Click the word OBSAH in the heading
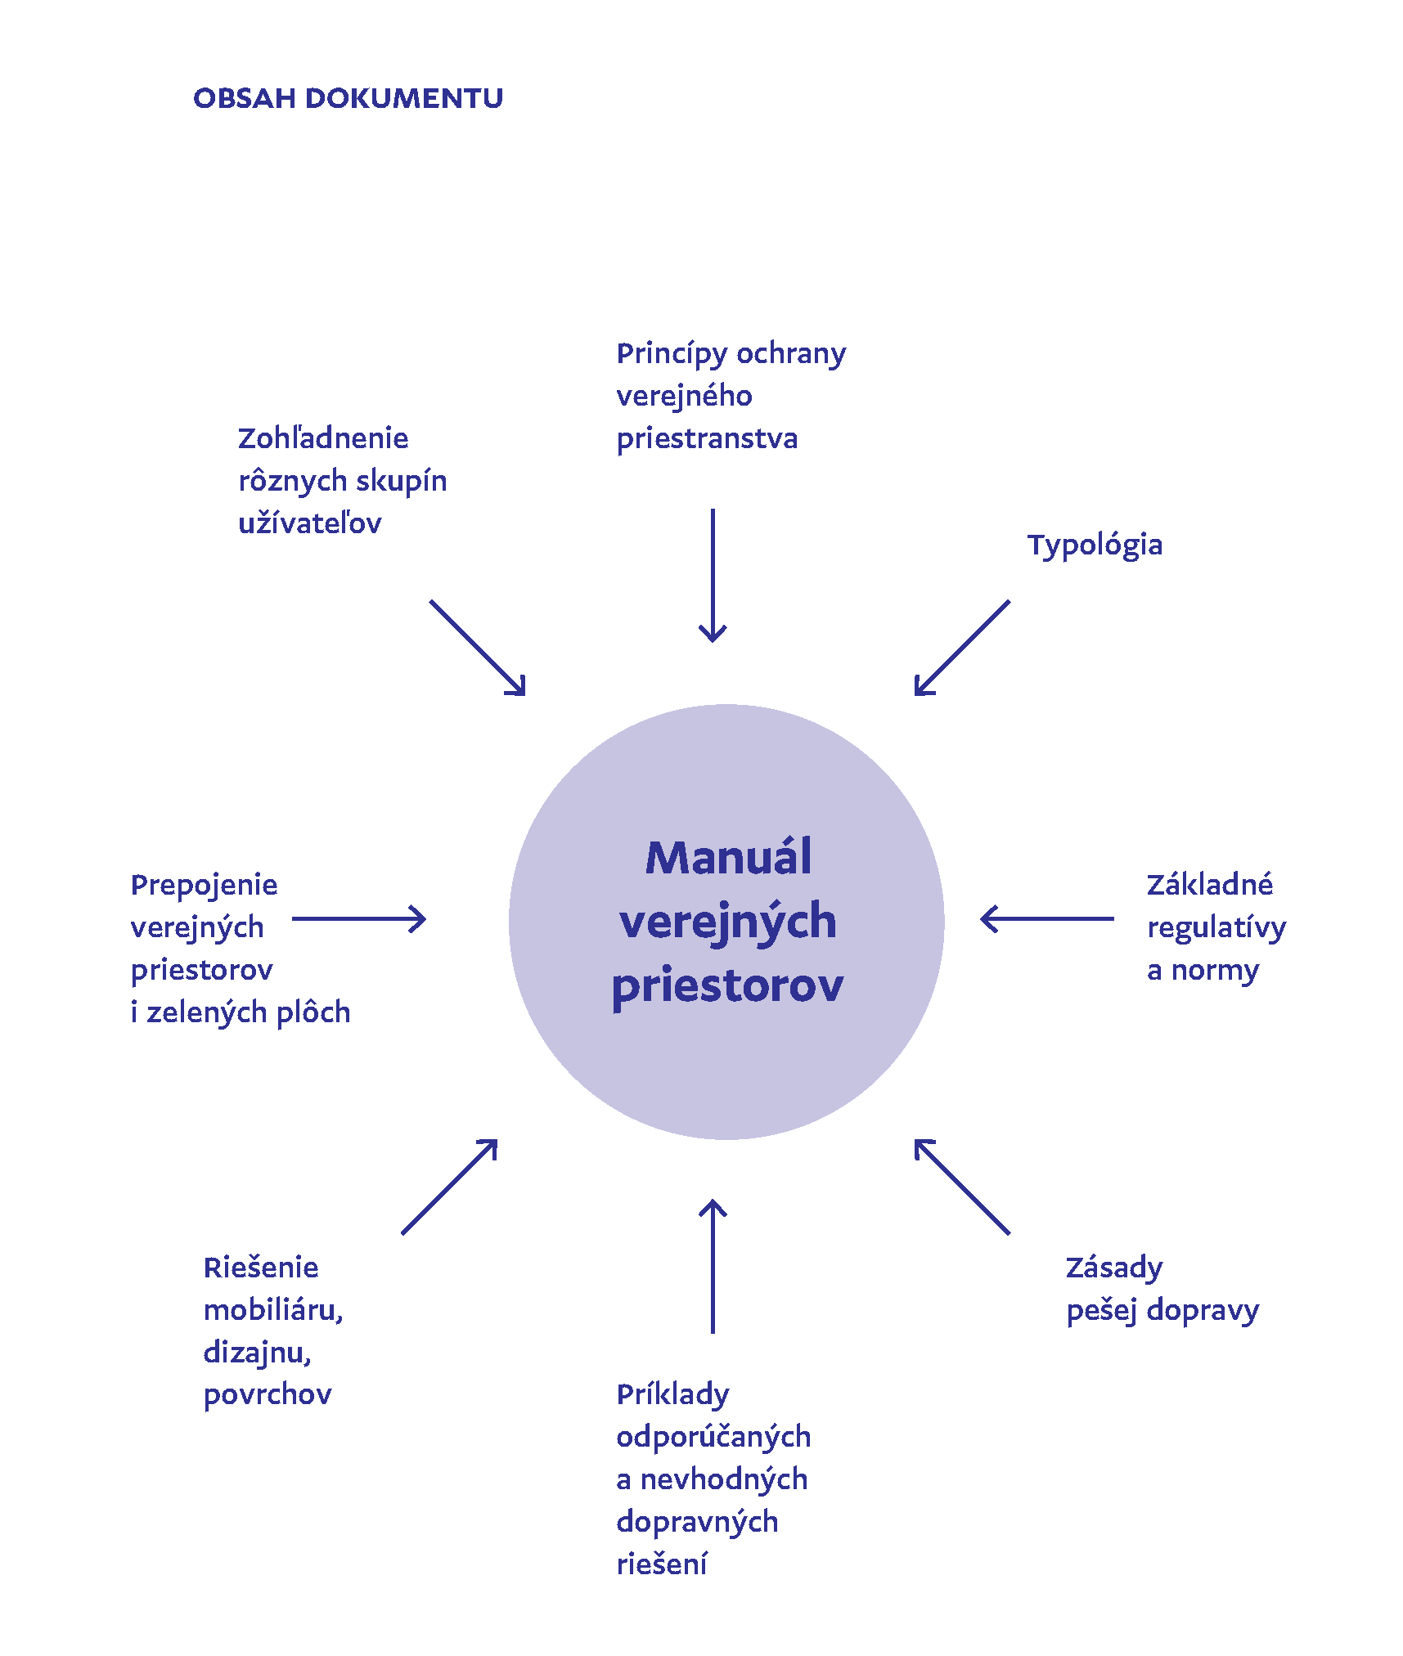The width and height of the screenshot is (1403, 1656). click(244, 99)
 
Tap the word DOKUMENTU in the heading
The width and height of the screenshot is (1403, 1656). click(404, 99)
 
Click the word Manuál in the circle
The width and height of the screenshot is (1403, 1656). click(728, 858)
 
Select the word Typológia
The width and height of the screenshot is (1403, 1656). click(1095, 545)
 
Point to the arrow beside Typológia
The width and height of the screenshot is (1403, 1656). click(962, 648)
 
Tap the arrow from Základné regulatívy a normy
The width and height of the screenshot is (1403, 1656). click(1046, 918)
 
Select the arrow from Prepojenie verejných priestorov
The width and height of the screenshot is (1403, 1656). click(359, 918)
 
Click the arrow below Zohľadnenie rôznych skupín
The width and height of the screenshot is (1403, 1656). click(478, 648)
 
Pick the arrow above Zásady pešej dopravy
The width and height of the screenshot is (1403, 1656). click(962, 1187)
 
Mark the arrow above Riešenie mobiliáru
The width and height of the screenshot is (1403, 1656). click(450, 1187)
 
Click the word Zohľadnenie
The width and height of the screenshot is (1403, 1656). click(323, 438)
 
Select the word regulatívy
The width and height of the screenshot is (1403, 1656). click(1216, 928)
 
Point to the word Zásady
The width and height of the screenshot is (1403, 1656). click(1113, 1268)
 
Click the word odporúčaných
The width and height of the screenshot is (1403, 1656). click(713, 1437)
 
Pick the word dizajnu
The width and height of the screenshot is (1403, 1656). click(257, 1353)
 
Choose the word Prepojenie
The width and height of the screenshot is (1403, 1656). click(204, 886)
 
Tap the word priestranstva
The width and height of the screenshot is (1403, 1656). click(707, 439)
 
